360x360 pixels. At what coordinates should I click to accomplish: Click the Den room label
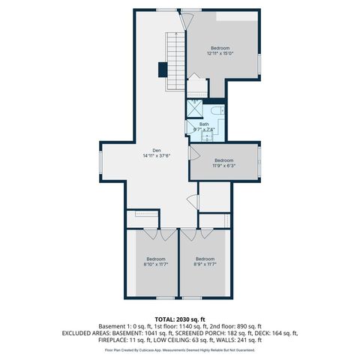point(157,151)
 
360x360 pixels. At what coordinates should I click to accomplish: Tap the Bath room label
point(203,124)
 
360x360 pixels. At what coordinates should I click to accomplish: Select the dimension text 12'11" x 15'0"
point(220,53)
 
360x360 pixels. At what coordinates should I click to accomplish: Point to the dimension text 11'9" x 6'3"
point(224,166)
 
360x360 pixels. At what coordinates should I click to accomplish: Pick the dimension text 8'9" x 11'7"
point(205,264)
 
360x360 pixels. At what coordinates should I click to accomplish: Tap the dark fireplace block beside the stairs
point(162,70)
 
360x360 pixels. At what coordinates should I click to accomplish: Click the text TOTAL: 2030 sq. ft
point(179,319)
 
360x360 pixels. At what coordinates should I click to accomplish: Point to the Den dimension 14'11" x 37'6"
point(157,156)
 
